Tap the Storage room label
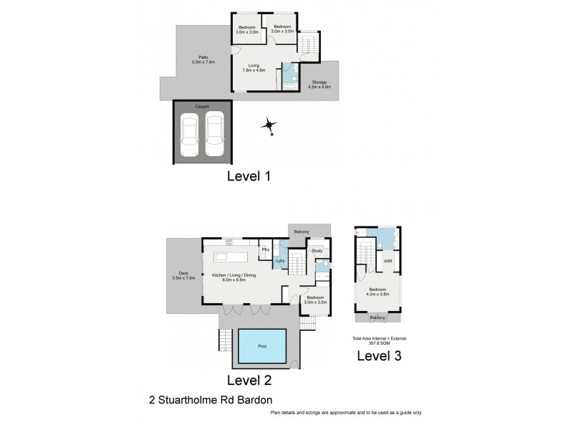point(317,85)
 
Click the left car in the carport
point(191,136)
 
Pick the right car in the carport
point(215,136)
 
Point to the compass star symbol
point(269,126)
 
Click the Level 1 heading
point(247,176)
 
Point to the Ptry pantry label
point(264,250)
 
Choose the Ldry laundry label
point(281,262)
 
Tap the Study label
point(317,251)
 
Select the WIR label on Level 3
point(387,262)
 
